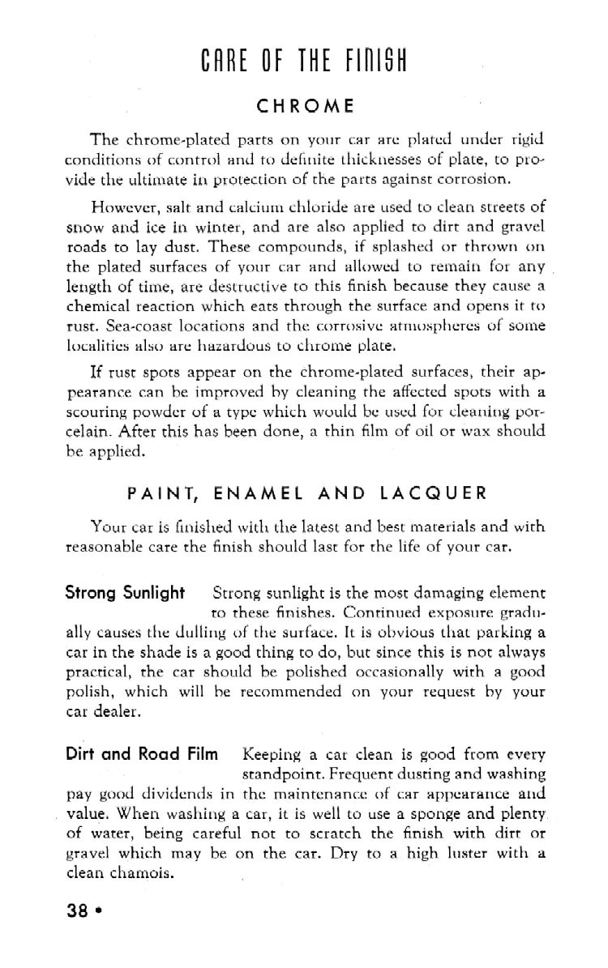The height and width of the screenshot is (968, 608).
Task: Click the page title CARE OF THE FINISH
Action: point(305,60)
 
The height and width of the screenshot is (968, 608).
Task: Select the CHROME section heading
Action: point(305,105)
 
